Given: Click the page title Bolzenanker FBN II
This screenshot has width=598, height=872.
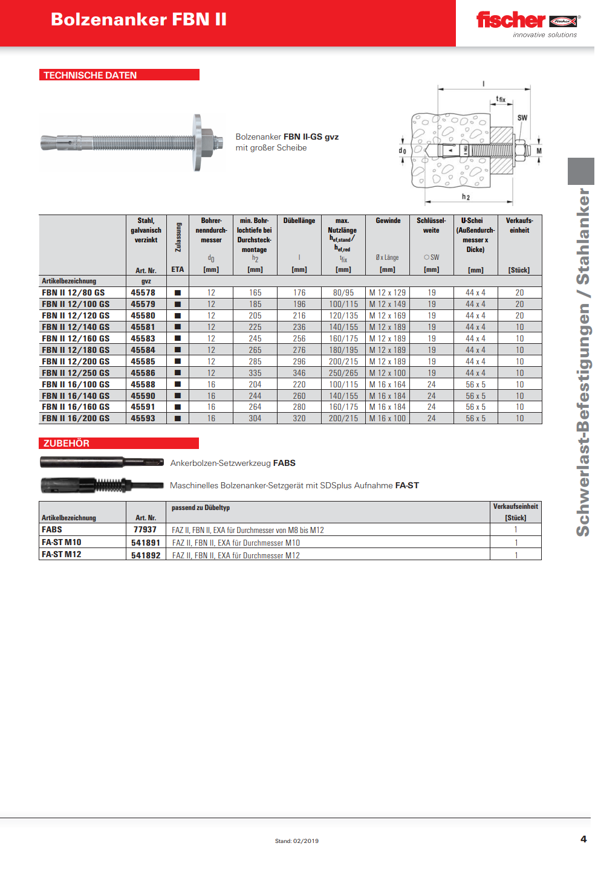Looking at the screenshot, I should coord(138,19).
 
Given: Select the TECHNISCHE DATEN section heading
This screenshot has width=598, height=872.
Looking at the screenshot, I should coord(90,75).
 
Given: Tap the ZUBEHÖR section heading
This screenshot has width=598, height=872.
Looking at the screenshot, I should coord(67,443).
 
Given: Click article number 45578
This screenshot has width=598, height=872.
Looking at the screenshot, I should coord(143,292).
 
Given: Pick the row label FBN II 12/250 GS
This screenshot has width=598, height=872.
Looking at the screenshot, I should coord(76,373).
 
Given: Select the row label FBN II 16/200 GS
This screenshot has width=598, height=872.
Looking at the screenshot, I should coord(76,418).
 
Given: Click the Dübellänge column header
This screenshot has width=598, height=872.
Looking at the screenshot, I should coord(299,221).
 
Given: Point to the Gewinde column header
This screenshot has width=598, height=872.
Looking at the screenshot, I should coord(388,221).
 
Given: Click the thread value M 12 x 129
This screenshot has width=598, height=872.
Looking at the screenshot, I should coord(388,292).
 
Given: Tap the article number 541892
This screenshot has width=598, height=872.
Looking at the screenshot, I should coord(146,555).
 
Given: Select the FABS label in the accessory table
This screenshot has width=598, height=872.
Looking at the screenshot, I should coord(52,529).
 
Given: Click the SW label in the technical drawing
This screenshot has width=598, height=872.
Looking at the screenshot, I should coord(522,118).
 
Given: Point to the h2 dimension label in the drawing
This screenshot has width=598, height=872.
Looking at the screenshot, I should coord(466,197).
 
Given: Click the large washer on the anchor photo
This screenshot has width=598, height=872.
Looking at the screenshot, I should coord(198,143).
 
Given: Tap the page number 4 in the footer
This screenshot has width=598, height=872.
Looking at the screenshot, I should coord(583,839).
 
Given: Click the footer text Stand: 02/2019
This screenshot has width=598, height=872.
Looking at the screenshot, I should coord(297,841).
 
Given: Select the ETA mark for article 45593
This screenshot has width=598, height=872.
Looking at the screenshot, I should coord(178,418).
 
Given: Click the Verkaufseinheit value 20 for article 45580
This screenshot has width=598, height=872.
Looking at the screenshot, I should coord(519,315).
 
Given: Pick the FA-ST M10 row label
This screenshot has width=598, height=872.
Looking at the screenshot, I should coord(61,542).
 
